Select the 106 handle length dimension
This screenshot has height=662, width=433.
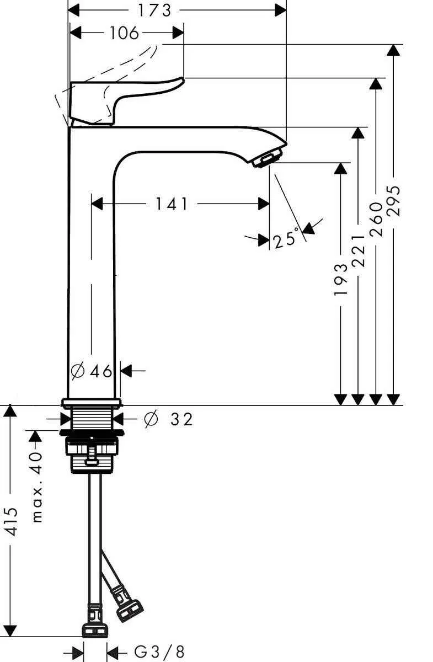point(124,33)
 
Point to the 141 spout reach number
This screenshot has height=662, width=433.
point(171,205)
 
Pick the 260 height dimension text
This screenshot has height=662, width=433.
point(376,219)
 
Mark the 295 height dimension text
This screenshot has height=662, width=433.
point(393,202)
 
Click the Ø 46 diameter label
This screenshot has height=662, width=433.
point(92,371)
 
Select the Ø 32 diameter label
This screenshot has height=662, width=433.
point(168,420)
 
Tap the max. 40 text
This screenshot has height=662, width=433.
point(37,486)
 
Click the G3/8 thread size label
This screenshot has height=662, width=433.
point(159,652)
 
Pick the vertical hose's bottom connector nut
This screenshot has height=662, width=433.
point(95,629)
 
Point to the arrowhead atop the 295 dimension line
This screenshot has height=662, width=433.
point(393,50)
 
